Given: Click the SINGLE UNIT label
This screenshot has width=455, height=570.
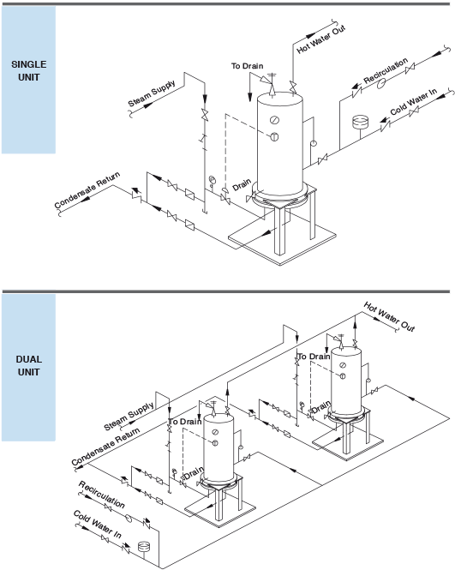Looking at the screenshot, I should coord(28,70).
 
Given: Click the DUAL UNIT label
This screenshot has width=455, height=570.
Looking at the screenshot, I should coord(28,365).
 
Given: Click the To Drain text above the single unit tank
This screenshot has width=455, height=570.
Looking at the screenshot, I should coord(247,66).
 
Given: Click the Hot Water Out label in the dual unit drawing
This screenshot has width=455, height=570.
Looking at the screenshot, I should coord(388,316).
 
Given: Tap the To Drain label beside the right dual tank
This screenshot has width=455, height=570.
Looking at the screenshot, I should coord(314,356).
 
